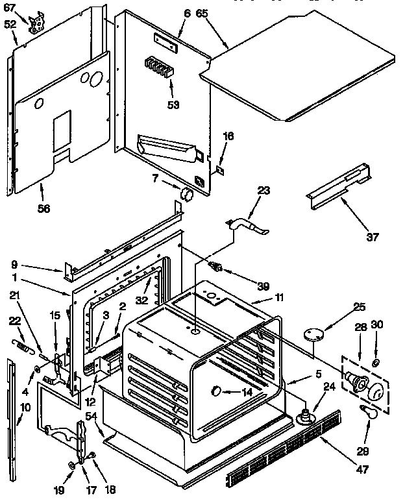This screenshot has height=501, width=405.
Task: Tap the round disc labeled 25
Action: click(x=316, y=334)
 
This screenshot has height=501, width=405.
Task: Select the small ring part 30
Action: click(x=376, y=361)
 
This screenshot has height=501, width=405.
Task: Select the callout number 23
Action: click(x=263, y=190)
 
